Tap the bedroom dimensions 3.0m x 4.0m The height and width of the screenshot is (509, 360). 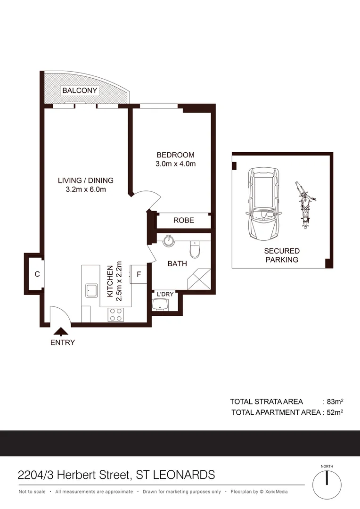point(175,164)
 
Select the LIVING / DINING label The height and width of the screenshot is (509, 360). point(85,180)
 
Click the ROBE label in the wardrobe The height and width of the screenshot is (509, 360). point(183,220)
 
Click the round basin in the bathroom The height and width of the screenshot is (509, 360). point(169,242)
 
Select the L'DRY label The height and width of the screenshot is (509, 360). point(165,294)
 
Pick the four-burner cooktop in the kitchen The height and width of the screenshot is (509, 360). point(116,314)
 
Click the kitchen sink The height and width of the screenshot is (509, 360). point(91,290)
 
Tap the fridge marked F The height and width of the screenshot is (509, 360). point(139,274)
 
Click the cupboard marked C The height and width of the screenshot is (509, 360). point(36,274)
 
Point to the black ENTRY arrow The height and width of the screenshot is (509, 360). point(60,332)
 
